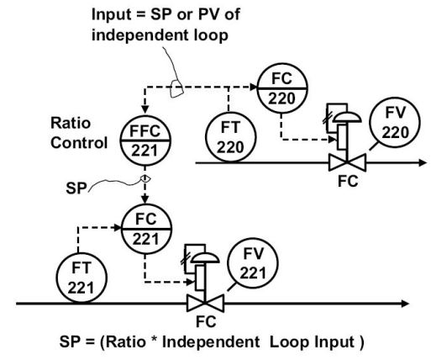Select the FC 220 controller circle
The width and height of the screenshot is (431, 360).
(x=280, y=88)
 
